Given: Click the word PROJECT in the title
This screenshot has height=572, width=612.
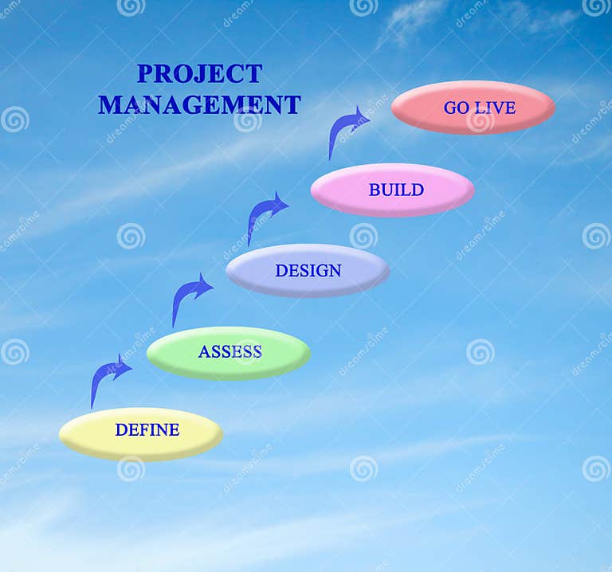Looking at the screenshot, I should pos(199,74).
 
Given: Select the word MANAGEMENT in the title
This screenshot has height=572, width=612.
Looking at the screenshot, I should pos(199,105).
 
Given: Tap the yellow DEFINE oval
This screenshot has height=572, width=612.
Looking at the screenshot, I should pos(141,434).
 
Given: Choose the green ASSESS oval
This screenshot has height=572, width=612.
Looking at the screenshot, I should pos(229,353).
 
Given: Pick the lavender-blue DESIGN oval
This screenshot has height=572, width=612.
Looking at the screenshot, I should pos(308,271).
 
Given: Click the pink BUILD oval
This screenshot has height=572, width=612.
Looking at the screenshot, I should pos(392,190).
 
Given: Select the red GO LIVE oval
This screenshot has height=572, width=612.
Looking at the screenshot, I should pos(473,108).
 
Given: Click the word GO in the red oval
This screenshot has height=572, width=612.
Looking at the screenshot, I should pos(457,108).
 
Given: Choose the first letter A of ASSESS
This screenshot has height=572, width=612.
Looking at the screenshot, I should pos(204,352).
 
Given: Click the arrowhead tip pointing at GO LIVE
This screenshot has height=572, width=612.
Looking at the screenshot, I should pos(368,120).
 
